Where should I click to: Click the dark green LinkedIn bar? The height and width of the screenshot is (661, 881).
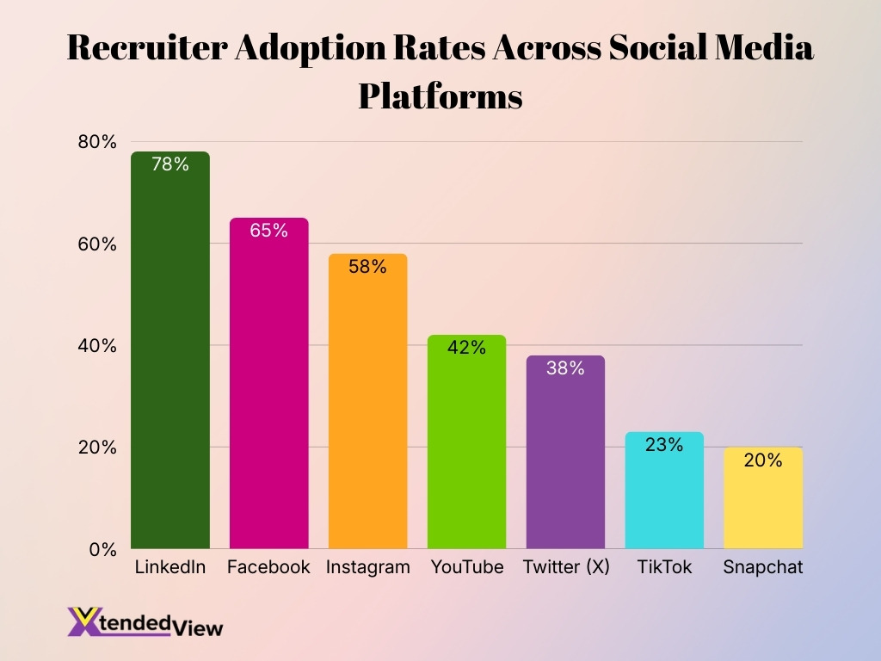169,361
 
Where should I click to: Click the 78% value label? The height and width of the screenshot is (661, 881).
169,164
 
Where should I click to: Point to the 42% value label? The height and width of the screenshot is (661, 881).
466,348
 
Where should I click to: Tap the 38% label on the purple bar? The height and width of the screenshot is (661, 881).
565,368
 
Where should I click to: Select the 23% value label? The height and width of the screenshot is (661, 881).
664,445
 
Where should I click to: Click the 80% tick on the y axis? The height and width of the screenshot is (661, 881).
96,142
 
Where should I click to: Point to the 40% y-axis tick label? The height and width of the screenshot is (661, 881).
96,346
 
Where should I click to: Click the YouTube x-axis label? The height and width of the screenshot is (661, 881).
466,568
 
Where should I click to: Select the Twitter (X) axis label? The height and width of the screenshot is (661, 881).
565,568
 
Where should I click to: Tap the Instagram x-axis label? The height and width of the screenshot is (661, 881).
367,568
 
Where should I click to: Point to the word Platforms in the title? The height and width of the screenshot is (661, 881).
440,96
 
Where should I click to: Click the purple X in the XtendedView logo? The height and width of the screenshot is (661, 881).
84,621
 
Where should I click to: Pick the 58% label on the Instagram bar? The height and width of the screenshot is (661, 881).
367,267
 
